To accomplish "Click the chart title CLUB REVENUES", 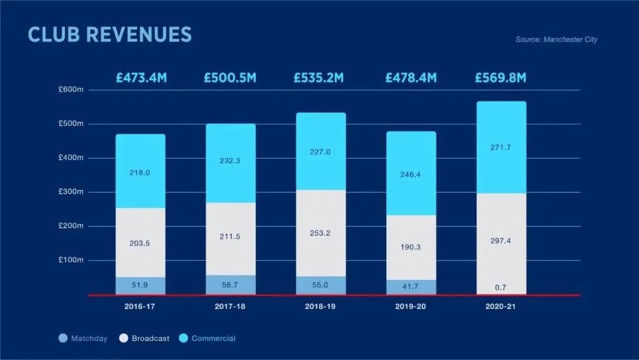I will pos(110,34).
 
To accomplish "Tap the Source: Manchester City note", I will pos(556,40).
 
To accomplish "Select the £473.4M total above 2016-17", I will pos(141,78).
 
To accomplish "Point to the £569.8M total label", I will pos(501,78).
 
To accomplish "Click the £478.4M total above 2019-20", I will pos(411,78).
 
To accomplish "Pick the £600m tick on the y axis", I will pos(71,89).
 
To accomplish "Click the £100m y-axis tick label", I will pos(71,260).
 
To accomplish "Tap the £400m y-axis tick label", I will pos(71,158).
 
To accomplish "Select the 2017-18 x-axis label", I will pos(231,307).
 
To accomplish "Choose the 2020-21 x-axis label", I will pos(501,307).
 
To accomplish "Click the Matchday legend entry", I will pos(83,339).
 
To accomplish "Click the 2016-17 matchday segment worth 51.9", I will pos(140,285).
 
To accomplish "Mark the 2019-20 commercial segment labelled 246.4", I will pos(411,175).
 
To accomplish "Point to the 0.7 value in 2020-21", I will pos(501,288).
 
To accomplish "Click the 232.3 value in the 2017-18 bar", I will pos(231,160).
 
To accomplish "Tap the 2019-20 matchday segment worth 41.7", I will pos(411,287).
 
